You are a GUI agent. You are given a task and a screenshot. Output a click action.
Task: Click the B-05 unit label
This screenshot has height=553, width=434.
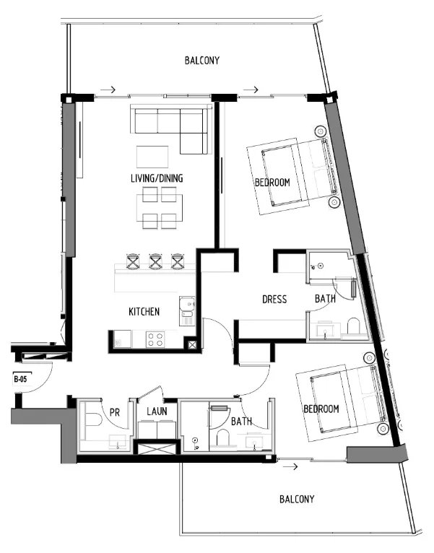(x=20, y=378)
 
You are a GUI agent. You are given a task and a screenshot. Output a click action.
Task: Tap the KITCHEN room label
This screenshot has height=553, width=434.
(x=144, y=312)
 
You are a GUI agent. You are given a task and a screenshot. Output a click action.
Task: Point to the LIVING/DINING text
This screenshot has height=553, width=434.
(x=157, y=178)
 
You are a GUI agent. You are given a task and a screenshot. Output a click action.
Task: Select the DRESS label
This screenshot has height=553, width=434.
(x=274, y=299)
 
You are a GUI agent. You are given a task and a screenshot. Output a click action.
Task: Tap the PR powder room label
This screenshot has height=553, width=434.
(x=114, y=412)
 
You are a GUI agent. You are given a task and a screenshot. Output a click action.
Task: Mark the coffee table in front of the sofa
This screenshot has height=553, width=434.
(x=152, y=157)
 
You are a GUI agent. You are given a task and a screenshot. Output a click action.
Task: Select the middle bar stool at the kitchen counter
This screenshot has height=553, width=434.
(x=155, y=261)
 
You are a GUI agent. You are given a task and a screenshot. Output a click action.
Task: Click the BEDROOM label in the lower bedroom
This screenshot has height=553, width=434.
(x=321, y=409)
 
